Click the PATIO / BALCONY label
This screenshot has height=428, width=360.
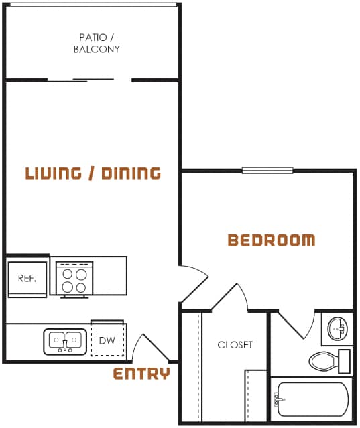(x=97, y=43)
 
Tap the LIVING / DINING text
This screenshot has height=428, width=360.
(x=93, y=173)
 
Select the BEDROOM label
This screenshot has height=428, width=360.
(x=271, y=240)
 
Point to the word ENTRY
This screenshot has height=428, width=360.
(x=141, y=374)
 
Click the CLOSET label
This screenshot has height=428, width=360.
(x=235, y=345)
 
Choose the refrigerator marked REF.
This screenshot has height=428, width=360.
(x=27, y=279)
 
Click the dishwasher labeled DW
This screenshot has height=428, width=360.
(x=107, y=341)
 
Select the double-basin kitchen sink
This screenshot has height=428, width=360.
(x=65, y=341)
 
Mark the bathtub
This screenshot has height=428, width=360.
(x=311, y=400)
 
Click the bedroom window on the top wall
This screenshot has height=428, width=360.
(x=267, y=170)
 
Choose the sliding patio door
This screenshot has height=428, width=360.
(x=89, y=80)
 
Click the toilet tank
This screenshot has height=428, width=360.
(x=345, y=361)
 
